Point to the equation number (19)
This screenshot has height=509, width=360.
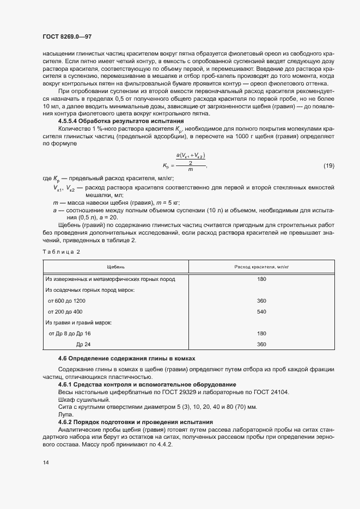tap(328, 165)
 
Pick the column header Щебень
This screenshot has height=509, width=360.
tap(116, 267)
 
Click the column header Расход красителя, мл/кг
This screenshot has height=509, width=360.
tap(261, 267)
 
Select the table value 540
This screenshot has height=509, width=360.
tap(261, 311)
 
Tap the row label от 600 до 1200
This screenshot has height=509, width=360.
tap(67, 301)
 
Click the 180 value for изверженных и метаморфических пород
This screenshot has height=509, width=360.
tap(261, 279)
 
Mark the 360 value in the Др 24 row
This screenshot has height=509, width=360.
tap(261, 344)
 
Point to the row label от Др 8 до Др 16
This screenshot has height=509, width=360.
tap(70, 333)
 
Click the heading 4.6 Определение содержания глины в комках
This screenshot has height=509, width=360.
tap(126, 359)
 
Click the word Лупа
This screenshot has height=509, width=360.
tap(64, 414)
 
